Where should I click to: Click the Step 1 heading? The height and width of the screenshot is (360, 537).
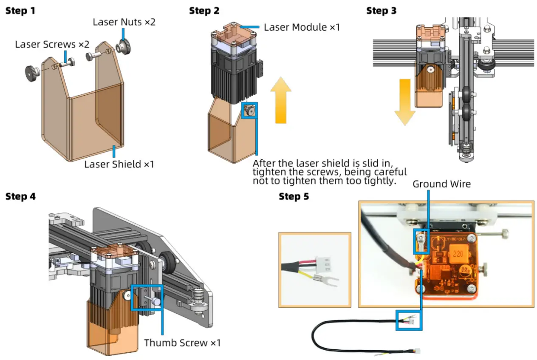click(20, 11)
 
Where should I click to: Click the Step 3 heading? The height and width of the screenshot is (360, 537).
click(381, 11)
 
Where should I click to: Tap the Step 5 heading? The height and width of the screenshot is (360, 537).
click(294, 197)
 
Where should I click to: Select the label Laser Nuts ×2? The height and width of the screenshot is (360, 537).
click(124, 22)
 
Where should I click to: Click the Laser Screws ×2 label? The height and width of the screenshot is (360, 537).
click(52, 44)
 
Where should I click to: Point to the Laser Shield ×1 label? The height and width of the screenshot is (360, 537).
click(119, 164)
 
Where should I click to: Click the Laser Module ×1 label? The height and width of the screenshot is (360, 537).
click(302, 28)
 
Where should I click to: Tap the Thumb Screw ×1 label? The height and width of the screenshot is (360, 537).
click(182, 343)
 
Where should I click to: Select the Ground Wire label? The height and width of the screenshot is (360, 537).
click(442, 184)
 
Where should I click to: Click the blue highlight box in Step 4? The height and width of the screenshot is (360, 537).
click(147, 297)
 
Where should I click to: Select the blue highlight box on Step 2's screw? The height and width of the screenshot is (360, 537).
click(249, 110)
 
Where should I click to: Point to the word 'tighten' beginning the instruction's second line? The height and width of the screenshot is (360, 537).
click(266, 172)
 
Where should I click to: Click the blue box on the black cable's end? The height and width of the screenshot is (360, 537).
click(409, 320)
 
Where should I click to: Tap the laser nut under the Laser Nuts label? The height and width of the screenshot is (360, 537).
click(124, 46)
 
